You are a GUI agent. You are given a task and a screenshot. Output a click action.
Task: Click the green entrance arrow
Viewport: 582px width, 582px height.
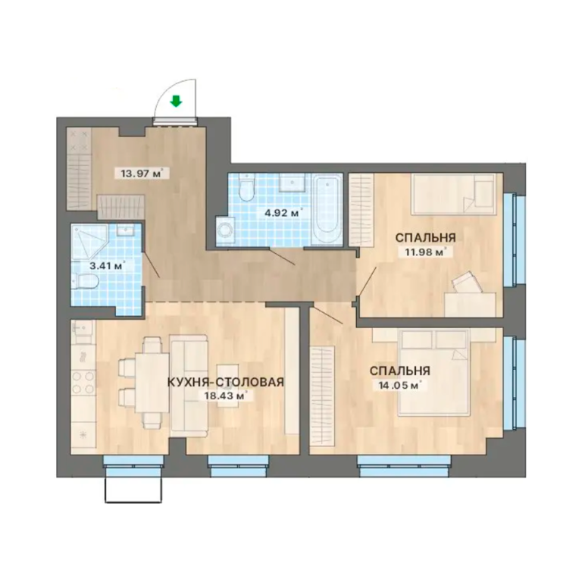(x=176, y=101)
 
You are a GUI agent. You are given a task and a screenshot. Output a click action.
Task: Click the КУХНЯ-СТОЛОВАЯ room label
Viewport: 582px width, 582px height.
(x=226, y=382)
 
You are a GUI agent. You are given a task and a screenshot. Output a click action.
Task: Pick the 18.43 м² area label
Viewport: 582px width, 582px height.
(x=226, y=396)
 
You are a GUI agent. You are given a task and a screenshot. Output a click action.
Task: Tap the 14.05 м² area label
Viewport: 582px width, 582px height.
(x=400, y=385)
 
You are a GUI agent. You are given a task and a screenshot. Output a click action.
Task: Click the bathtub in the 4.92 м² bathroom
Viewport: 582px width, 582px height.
(x=327, y=210)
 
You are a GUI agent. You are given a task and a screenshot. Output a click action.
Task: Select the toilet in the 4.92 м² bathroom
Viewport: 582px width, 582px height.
(x=246, y=187)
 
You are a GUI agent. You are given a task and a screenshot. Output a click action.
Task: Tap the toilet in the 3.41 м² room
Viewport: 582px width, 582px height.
(x=86, y=281)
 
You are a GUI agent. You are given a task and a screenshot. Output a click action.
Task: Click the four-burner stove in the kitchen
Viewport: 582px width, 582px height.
(x=83, y=383)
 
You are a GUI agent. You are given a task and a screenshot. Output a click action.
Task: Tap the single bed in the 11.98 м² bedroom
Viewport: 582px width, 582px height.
(x=454, y=194)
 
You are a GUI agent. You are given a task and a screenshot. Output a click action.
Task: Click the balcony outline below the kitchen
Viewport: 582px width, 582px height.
(x=134, y=490)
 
